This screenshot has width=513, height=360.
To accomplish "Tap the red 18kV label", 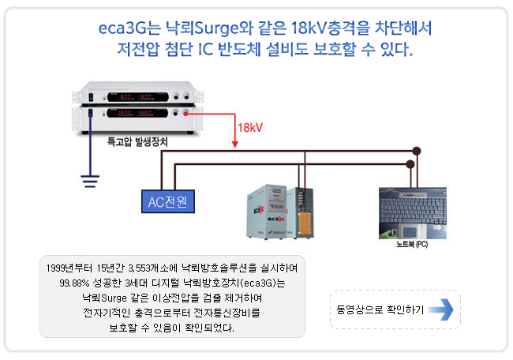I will coord(250,127).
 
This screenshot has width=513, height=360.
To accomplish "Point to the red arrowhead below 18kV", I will coord(235,143).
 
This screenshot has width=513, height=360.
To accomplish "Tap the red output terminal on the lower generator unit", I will coord(187,114).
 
